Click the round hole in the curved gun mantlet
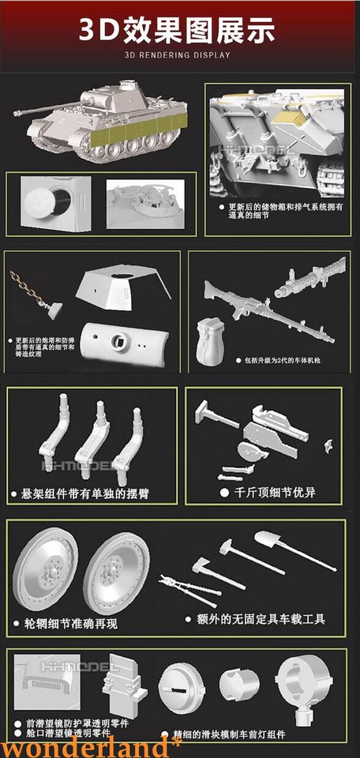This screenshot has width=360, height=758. (122, 341)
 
